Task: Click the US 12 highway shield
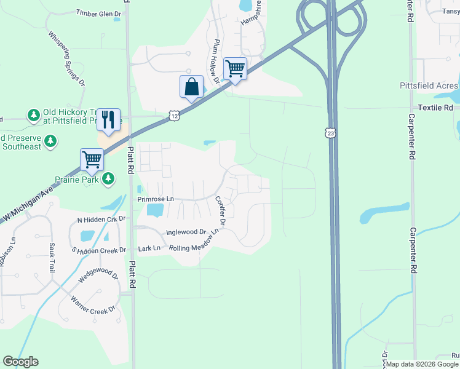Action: (x=176, y=116)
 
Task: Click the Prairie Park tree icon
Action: (x=109, y=178)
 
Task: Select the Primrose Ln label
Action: (x=156, y=199)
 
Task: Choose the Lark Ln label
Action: (x=149, y=248)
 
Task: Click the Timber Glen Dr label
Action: (x=98, y=12)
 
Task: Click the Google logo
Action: (x=20, y=362)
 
